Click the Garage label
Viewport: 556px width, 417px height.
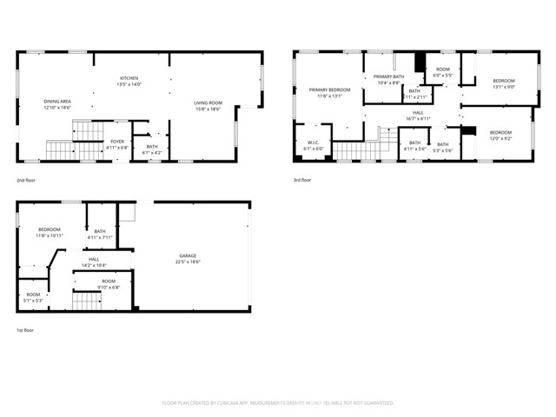point(189,258)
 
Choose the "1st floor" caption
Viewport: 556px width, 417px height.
point(25,330)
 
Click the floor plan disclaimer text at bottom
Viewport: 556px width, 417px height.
point(278,403)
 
